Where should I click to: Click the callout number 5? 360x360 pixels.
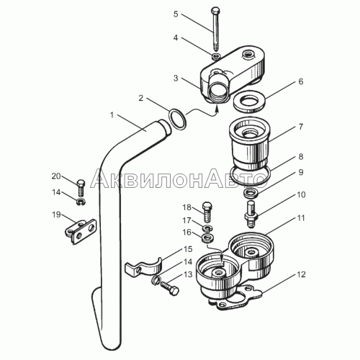pyautogui.click(x=176, y=14)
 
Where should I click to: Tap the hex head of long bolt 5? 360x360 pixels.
pyautogui.click(x=215, y=10)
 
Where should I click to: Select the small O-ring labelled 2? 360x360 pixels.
pyautogui.click(x=178, y=120)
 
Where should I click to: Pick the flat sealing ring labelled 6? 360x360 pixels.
pyautogui.click(x=249, y=102)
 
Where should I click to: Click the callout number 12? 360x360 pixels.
pyautogui.click(x=301, y=274)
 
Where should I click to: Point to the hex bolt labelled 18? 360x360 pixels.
pyautogui.click(x=207, y=212)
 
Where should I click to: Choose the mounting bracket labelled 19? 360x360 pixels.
pyautogui.click(x=81, y=231)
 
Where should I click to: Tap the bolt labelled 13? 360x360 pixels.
pyautogui.click(x=169, y=289)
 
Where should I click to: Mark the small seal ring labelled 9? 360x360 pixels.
pyautogui.click(x=251, y=193)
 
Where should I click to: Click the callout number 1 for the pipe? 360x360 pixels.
pyautogui.click(x=112, y=115)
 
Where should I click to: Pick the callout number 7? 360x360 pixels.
pyautogui.click(x=301, y=127)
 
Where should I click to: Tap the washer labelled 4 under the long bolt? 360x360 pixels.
pyautogui.click(x=217, y=56)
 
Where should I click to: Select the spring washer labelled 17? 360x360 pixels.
pyautogui.click(x=207, y=228)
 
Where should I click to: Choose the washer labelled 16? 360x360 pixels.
pyautogui.click(x=208, y=238)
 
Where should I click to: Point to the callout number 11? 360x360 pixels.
pyautogui.click(x=301, y=218)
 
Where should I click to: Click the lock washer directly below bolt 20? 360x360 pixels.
pyautogui.click(x=81, y=202)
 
